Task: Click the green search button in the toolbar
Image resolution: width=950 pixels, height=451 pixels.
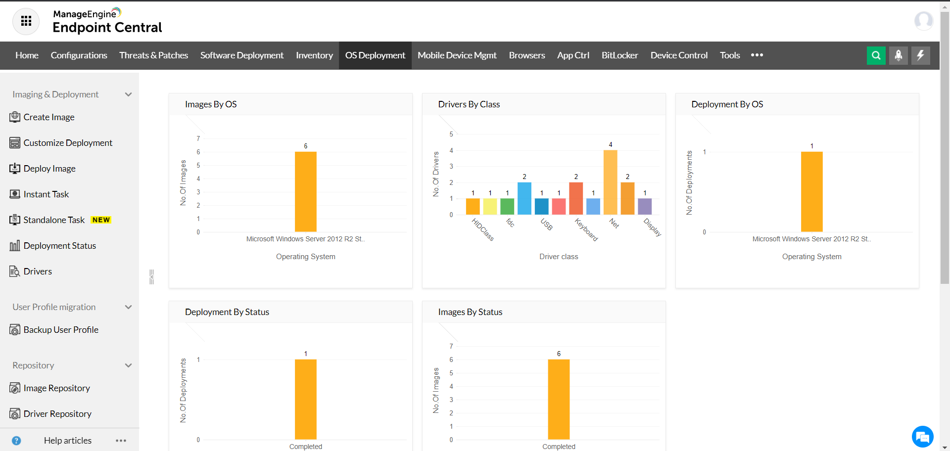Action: tap(876, 55)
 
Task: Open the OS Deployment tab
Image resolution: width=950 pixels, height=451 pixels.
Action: tap(375, 55)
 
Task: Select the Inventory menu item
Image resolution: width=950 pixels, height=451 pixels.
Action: tap(314, 55)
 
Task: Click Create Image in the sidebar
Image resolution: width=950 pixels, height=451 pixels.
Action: tap(48, 117)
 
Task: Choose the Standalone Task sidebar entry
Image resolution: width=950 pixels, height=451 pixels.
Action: tap(54, 220)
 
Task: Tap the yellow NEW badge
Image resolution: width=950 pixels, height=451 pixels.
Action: tap(101, 220)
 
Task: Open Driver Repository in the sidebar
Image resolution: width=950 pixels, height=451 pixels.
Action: tap(57, 414)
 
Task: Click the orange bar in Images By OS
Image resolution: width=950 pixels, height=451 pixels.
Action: tap(305, 192)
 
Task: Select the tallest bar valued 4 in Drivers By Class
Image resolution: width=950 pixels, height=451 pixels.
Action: tap(610, 182)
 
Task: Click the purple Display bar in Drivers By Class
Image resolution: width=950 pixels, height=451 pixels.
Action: tap(644, 206)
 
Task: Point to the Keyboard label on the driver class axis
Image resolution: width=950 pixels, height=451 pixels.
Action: tap(586, 230)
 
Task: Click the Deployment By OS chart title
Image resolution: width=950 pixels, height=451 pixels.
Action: tap(727, 104)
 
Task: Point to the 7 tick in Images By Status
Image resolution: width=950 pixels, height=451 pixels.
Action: tap(451, 346)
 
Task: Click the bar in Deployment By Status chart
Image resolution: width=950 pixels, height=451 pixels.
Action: tap(305, 400)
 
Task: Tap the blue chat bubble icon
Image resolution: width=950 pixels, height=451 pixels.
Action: tap(922, 437)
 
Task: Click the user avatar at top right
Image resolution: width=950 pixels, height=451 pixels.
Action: tap(923, 21)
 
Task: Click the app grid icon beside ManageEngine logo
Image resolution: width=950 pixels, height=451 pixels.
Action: tap(26, 21)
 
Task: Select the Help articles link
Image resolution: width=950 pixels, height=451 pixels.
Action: tap(67, 441)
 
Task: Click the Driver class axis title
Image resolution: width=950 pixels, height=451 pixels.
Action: tap(559, 257)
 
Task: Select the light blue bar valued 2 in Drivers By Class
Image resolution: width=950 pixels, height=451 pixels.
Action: tap(524, 198)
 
